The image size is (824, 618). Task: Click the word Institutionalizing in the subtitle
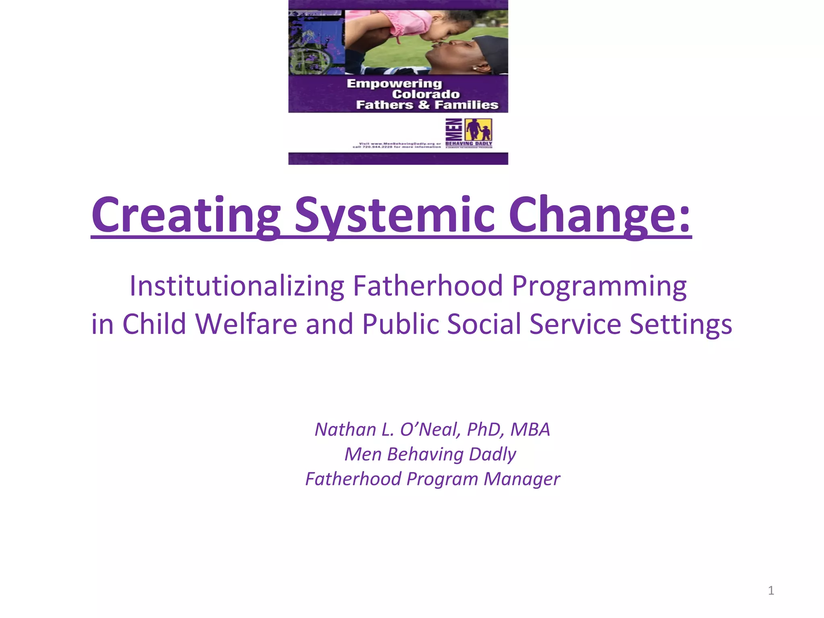pyautogui.click(x=237, y=286)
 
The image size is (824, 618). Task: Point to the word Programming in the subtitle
pyautogui.click(x=599, y=286)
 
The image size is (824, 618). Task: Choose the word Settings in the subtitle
pyautogui.click(x=681, y=324)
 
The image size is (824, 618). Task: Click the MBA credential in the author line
pyautogui.click(x=530, y=430)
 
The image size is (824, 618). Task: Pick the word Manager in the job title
pyautogui.click(x=521, y=479)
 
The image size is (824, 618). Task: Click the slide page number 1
pyautogui.click(x=771, y=591)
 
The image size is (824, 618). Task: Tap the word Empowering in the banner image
pyautogui.click(x=394, y=84)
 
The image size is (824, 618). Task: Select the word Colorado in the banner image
pyautogui.click(x=426, y=94)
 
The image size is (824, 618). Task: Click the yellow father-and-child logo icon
pyautogui.click(x=478, y=130)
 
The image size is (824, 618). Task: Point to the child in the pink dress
pyautogui.click(x=386, y=24)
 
